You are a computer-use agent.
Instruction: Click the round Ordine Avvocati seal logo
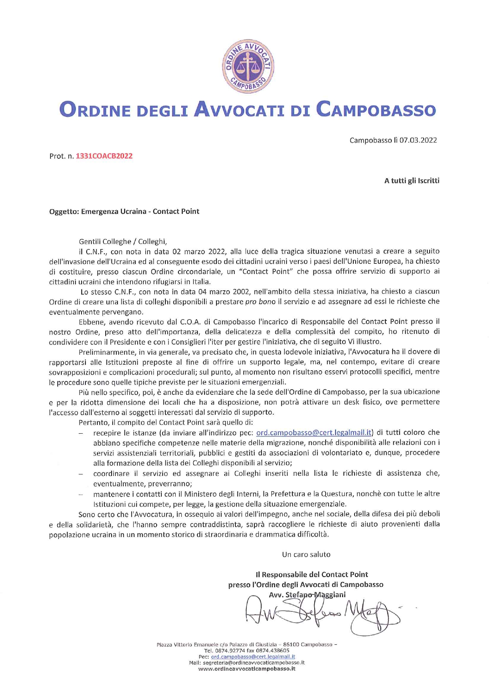click(248, 67)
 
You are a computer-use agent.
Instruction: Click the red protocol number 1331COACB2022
click(104, 156)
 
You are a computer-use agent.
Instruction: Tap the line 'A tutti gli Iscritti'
click(411, 181)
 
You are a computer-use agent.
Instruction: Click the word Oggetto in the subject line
click(64, 211)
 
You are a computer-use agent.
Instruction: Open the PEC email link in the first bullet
click(314, 432)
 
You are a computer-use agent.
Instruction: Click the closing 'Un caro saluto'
click(306, 554)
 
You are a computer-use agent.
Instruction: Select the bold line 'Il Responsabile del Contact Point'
click(312, 574)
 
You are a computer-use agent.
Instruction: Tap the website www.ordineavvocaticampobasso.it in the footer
click(246, 668)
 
